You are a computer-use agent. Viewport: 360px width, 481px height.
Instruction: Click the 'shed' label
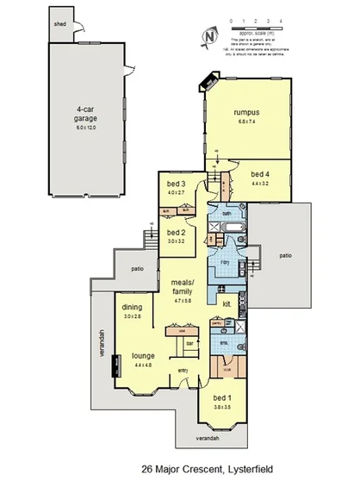pos(60,25)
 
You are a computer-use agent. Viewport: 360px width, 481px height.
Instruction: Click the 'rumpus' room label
pos(248,112)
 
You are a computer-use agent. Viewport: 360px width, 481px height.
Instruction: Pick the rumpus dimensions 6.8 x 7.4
pos(248,122)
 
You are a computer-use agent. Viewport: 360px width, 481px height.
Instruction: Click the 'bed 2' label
pos(176,233)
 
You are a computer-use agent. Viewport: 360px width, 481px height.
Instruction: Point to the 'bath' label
pos(226,212)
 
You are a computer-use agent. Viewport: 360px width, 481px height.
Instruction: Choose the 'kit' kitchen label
pos(228,304)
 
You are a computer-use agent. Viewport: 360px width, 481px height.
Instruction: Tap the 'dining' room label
pos(131,308)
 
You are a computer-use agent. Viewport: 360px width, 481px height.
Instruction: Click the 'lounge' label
pos(142,354)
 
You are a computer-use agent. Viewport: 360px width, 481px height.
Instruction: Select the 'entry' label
pos(183,371)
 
